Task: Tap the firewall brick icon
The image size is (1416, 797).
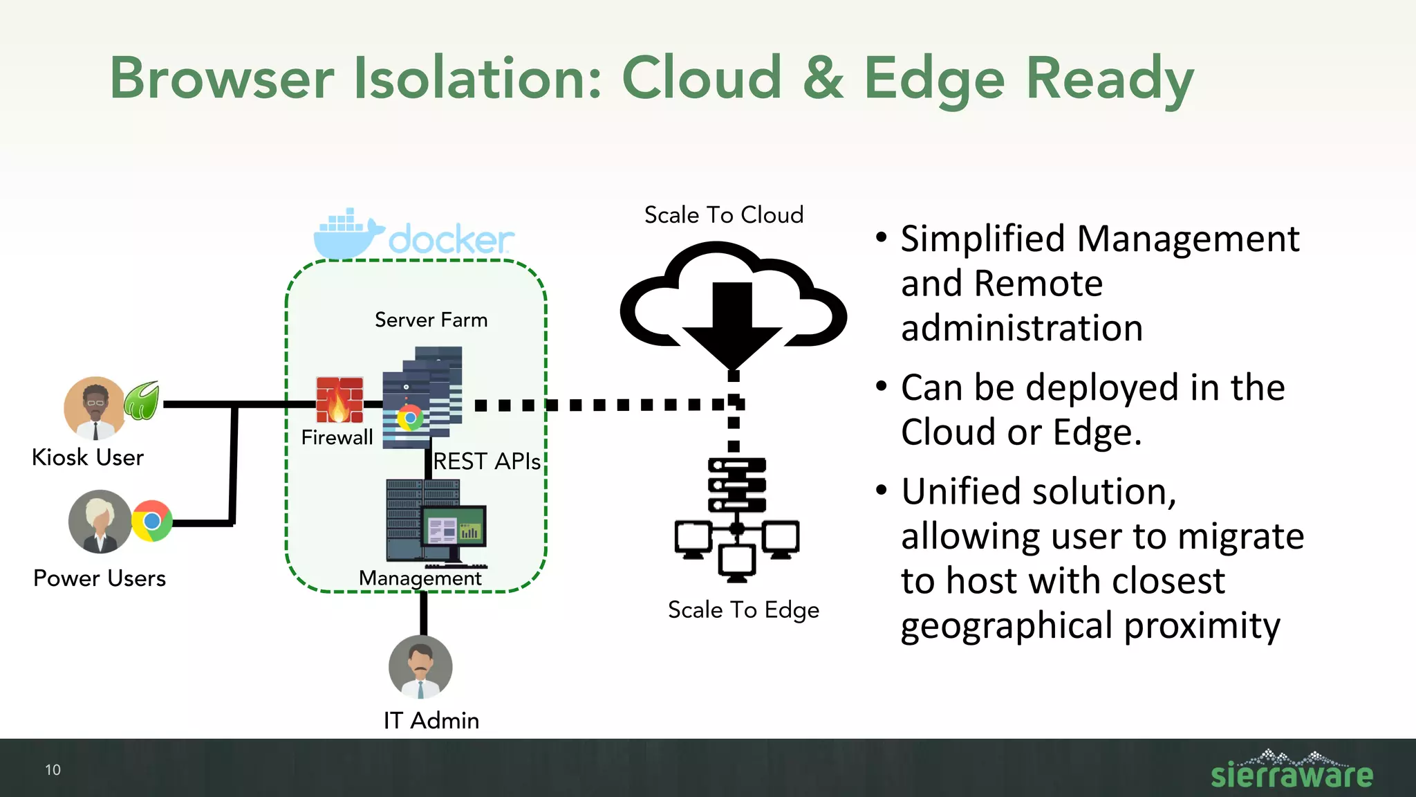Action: tap(339, 400)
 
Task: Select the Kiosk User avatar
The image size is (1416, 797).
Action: tap(95, 408)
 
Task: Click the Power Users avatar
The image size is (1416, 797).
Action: tap(100, 522)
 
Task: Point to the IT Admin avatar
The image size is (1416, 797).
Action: tap(420, 667)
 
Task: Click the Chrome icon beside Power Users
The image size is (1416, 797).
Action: tap(152, 521)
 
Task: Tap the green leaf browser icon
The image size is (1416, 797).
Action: tap(142, 401)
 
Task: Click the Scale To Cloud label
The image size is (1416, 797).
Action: tap(723, 215)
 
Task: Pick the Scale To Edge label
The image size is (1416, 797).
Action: tap(743, 610)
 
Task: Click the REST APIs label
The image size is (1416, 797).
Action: tap(487, 461)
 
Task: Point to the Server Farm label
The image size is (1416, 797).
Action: tap(431, 320)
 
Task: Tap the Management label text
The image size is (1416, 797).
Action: tap(420, 578)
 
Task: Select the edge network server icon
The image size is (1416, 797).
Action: tap(737, 519)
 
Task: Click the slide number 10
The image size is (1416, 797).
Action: tap(53, 770)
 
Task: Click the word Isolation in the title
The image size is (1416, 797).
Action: tap(478, 78)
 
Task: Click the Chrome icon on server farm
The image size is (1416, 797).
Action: tap(410, 418)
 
